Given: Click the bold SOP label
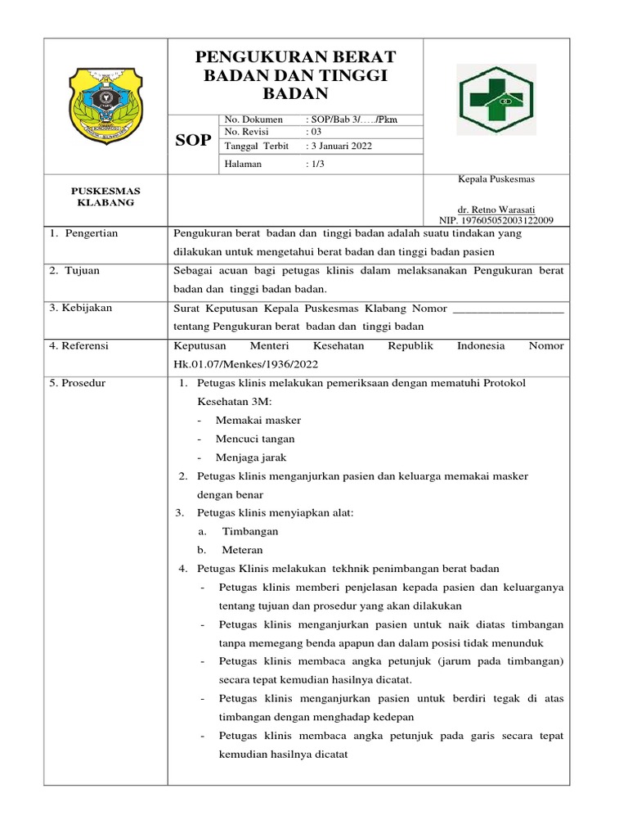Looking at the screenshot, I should pyautogui.click(x=194, y=141).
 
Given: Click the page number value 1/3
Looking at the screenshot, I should pyautogui.click(x=316, y=164).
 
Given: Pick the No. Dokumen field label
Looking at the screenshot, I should pyautogui.click(x=253, y=119).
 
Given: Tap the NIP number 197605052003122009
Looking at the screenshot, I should pyautogui.click(x=496, y=220).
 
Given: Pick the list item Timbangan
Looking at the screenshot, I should pyautogui.click(x=251, y=531).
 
